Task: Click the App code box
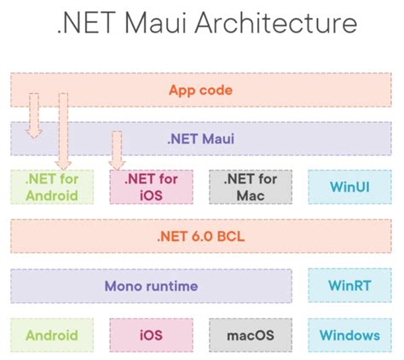(x=201, y=90)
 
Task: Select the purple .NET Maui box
(x=201, y=137)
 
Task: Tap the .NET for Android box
(x=51, y=187)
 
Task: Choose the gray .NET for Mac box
(x=250, y=187)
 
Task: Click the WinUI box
(x=349, y=187)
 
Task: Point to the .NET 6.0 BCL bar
(x=201, y=236)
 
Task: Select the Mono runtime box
(x=150, y=286)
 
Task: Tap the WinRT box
(x=349, y=286)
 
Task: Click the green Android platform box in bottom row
(x=51, y=334)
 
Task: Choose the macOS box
(x=250, y=334)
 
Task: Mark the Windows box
(x=349, y=334)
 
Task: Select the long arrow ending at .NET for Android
(x=62, y=128)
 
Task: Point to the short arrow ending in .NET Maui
(x=33, y=115)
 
